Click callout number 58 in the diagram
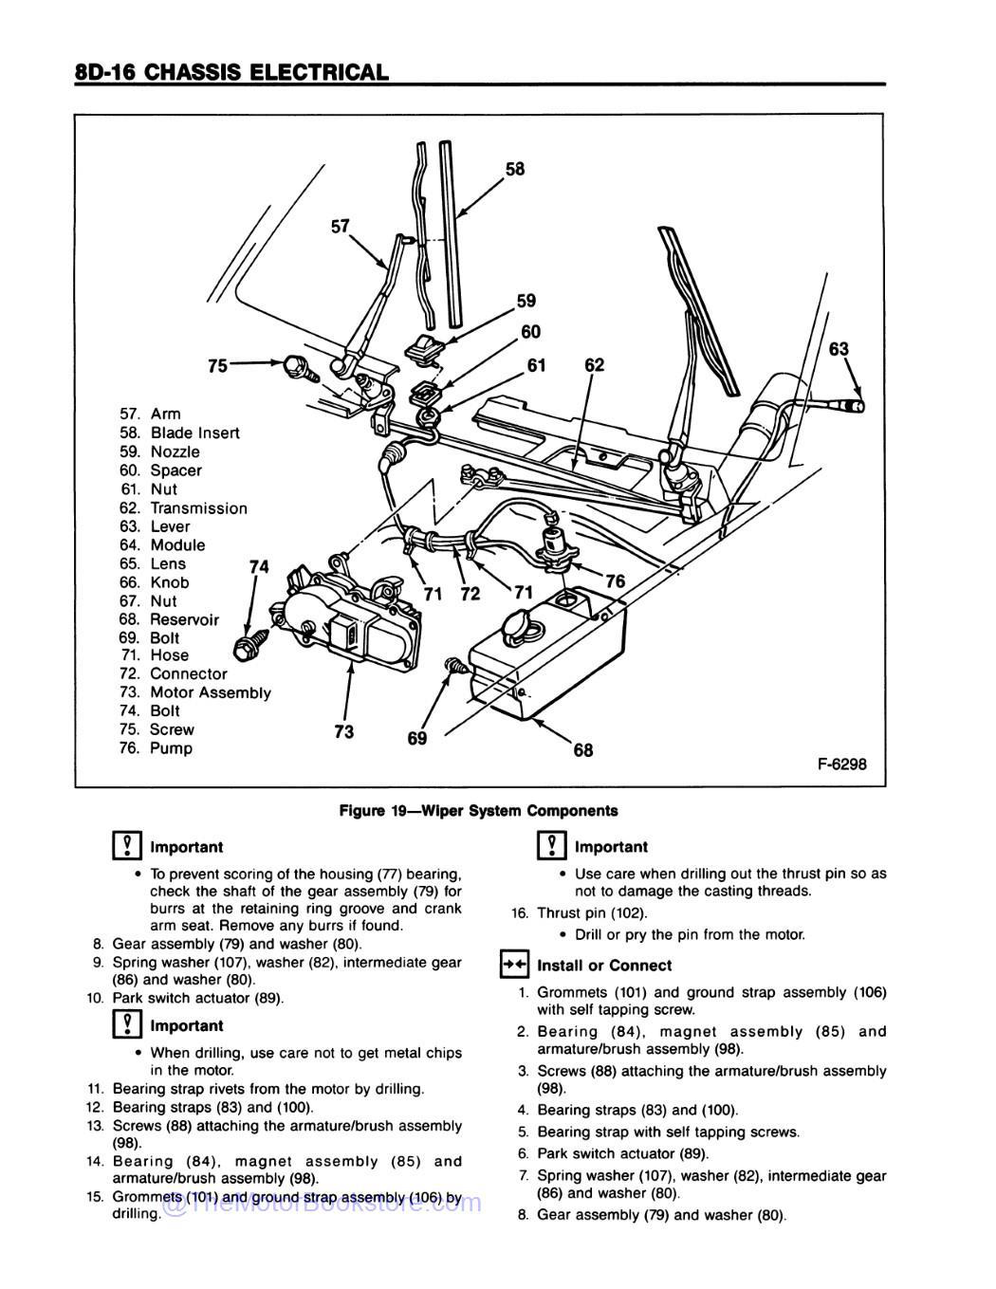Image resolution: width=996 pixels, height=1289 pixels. click(x=514, y=169)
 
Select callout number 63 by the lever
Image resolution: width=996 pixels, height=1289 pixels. click(x=839, y=349)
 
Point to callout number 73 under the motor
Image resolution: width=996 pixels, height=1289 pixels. click(x=343, y=731)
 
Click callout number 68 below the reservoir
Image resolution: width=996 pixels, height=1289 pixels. click(x=582, y=750)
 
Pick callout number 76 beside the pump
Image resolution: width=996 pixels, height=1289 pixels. click(x=615, y=581)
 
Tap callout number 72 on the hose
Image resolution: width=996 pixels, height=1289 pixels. click(x=470, y=595)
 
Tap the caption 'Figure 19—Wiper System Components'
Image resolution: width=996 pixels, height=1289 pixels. click(x=479, y=811)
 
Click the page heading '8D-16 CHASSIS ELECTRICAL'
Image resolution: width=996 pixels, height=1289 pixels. click(x=231, y=72)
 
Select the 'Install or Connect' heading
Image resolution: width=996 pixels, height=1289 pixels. click(x=603, y=966)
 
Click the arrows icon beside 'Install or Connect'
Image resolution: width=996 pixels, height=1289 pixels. click(x=513, y=966)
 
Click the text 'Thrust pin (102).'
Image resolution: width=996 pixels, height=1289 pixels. click(x=592, y=913)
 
